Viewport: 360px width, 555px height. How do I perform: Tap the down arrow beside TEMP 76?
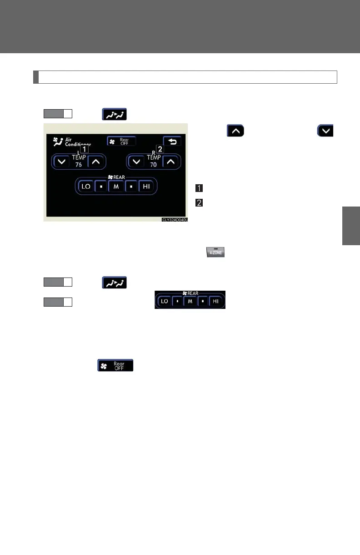[x=60, y=161]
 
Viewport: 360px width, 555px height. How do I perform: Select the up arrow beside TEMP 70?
[x=171, y=161]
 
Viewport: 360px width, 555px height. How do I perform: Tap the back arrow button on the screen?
[x=173, y=141]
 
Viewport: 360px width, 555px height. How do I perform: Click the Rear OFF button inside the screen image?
[x=121, y=141]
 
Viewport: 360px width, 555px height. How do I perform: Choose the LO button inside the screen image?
[x=85, y=187]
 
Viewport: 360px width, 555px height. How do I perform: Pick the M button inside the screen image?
[x=116, y=187]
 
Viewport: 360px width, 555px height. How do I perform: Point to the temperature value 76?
[x=79, y=165]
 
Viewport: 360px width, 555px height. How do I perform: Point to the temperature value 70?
[x=154, y=165]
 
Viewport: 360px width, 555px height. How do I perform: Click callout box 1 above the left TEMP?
[x=85, y=149]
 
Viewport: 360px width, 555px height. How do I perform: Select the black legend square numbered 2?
[x=199, y=203]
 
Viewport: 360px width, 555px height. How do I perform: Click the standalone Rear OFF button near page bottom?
[x=115, y=365]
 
